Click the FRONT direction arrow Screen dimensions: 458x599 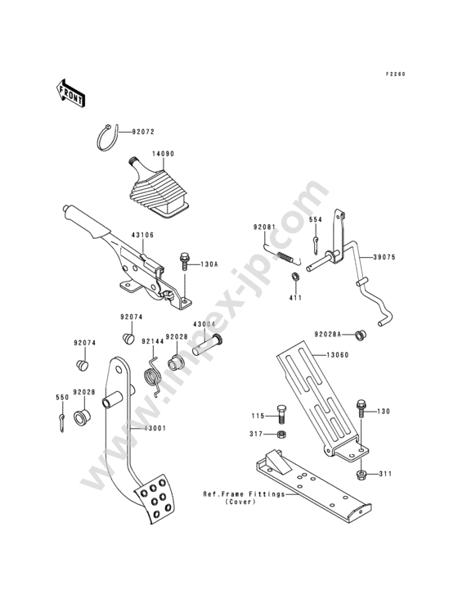71,92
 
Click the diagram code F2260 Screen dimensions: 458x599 395,74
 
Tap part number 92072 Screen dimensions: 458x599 143,132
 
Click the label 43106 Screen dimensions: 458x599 142,236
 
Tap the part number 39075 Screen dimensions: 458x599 384,258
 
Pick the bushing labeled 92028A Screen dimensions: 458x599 359,335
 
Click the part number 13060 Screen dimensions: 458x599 338,355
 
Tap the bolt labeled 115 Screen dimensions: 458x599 281,414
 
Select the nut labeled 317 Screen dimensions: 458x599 281,435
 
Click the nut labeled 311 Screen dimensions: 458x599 361,475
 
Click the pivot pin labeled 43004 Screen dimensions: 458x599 208,345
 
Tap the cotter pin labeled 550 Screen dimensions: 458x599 62,423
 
